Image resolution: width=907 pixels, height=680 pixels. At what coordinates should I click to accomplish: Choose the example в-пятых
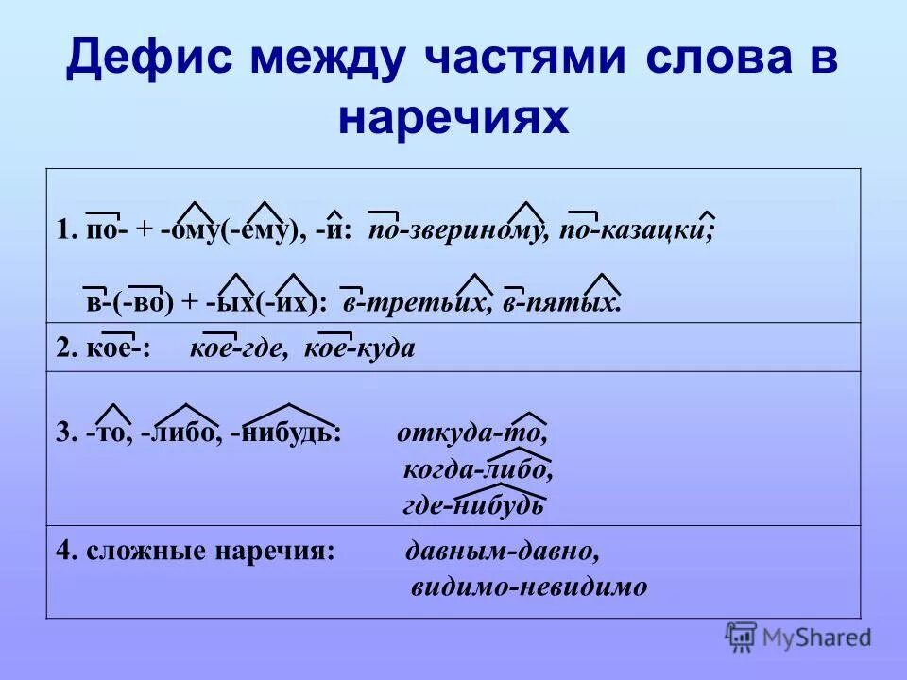click(564, 301)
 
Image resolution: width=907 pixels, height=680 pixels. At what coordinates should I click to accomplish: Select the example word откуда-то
click(471, 433)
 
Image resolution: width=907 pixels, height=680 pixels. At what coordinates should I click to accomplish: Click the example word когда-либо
click(478, 469)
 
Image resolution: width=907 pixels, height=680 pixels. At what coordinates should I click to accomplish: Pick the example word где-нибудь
click(473, 504)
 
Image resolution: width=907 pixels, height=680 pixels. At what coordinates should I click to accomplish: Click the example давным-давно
click(503, 551)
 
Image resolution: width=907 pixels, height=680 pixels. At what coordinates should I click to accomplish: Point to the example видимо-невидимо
click(529, 586)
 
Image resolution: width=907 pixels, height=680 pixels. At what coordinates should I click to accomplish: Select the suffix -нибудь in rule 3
click(286, 433)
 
